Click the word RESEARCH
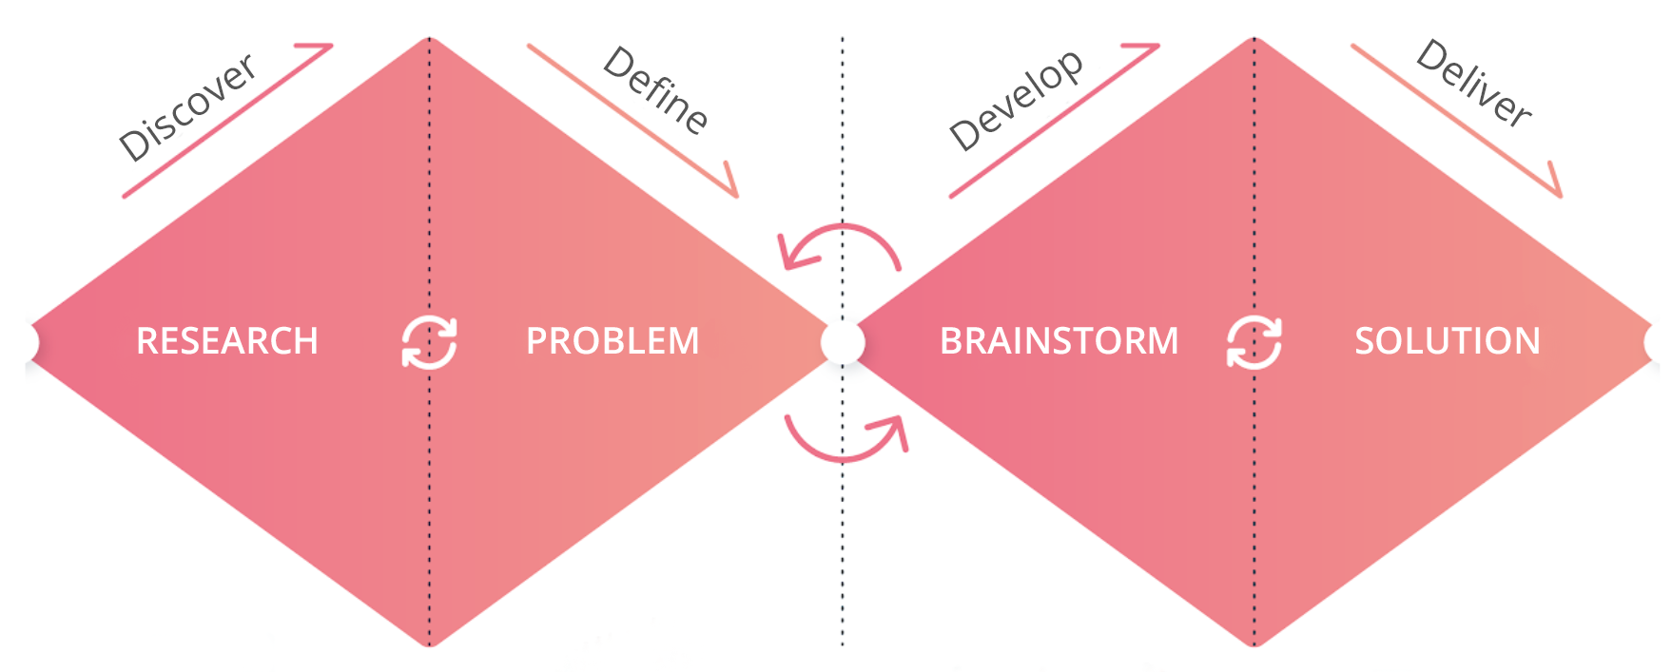[226, 341]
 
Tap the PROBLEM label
[612, 341]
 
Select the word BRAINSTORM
[1059, 341]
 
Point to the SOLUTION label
[1447, 341]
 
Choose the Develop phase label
[1017, 99]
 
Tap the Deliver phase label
[1474, 84]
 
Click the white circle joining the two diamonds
[843, 343]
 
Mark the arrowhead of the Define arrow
[730, 186]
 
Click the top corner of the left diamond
[429, 41]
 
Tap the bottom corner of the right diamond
[1254, 643]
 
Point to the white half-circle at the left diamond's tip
[30, 343]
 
